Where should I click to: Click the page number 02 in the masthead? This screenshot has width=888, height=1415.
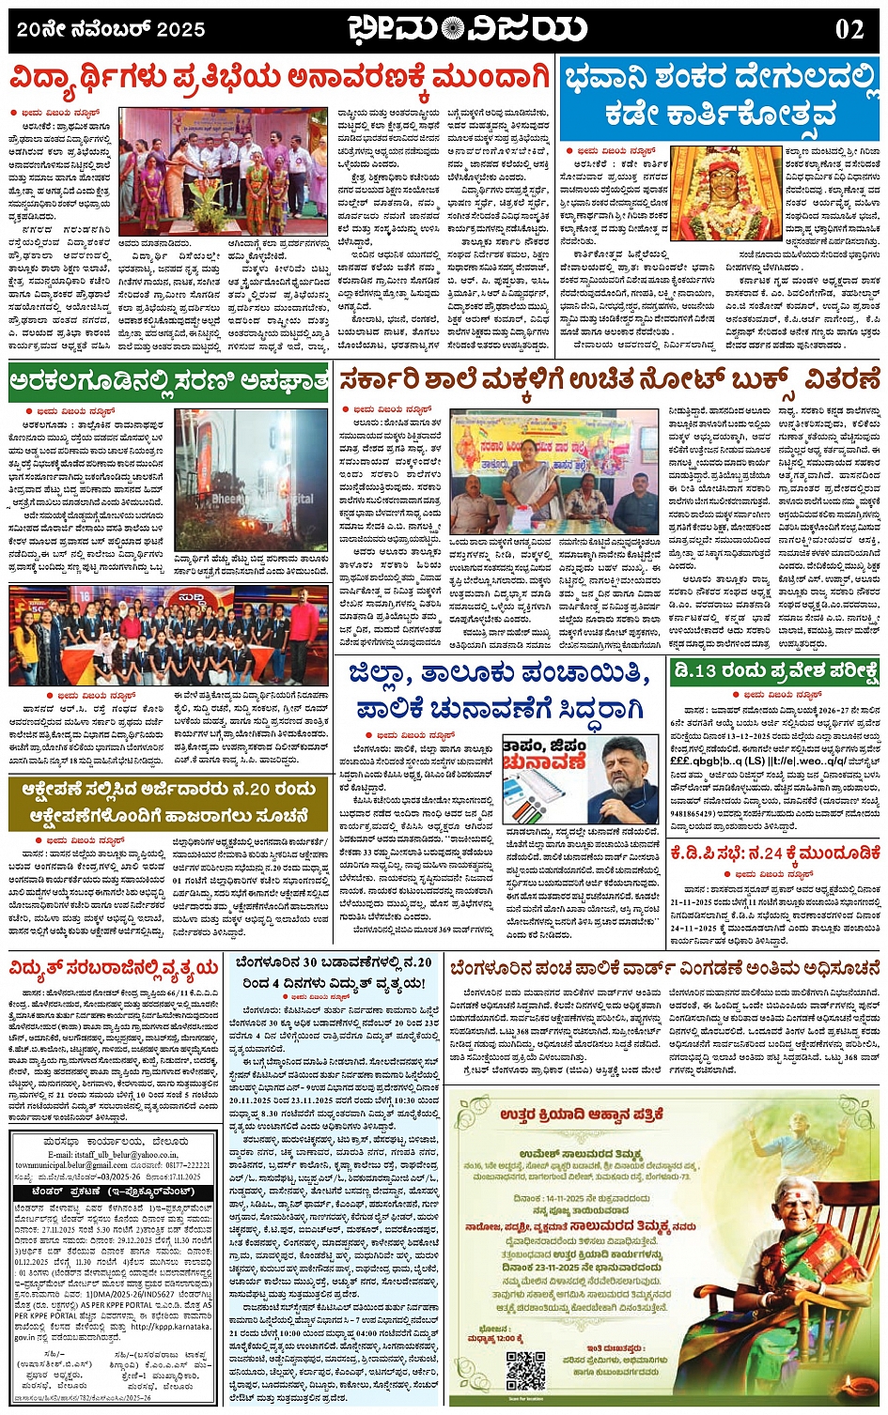(x=849, y=30)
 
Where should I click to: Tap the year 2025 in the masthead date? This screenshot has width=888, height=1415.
(x=180, y=30)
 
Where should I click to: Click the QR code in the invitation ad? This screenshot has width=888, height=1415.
(x=525, y=1370)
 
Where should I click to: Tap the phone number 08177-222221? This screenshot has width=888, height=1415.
(x=183, y=1165)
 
